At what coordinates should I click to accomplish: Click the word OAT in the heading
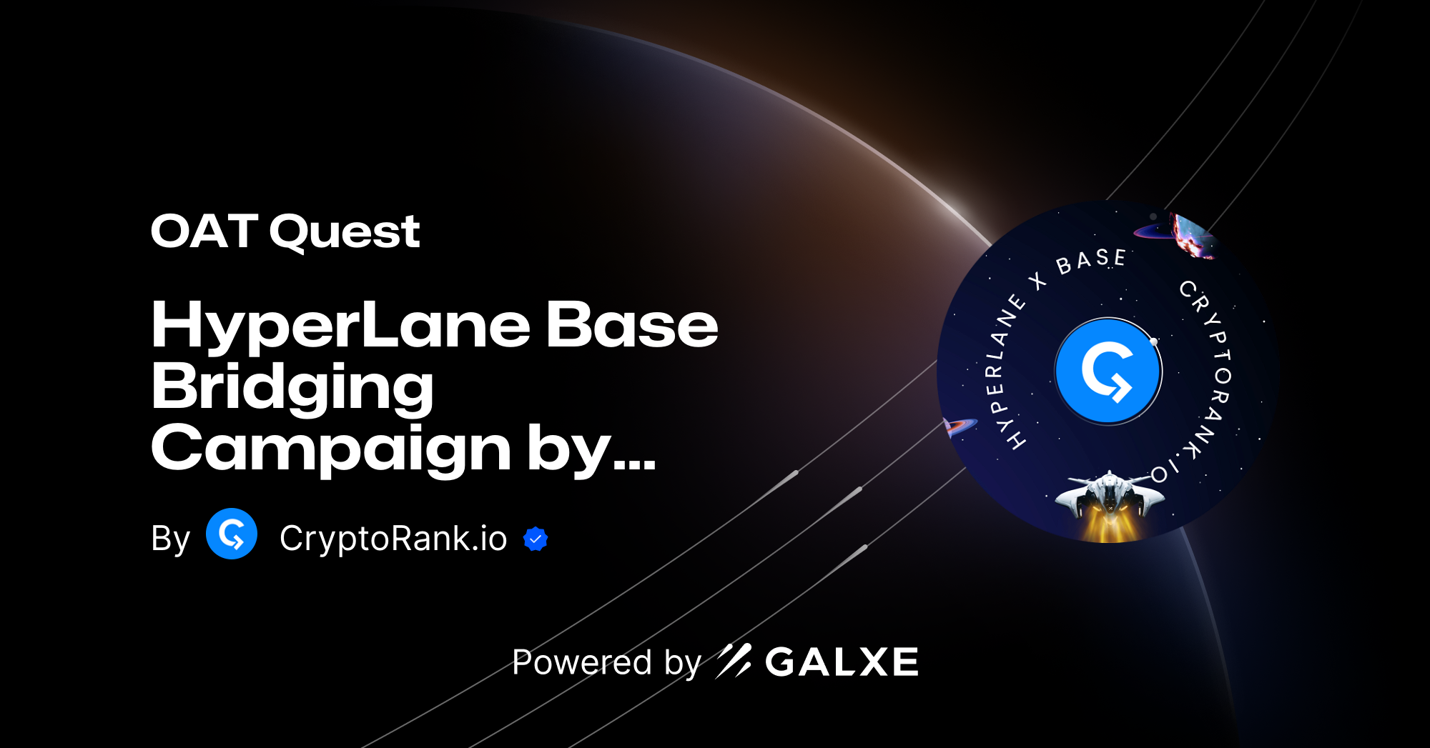tap(204, 231)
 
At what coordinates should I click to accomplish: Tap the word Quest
tap(345, 233)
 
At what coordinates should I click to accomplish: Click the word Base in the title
tap(632, 325)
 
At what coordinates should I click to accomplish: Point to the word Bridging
tap(292, 388)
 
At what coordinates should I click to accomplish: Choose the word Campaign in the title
tap(330, 449)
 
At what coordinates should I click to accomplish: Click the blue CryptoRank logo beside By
tap(232, 534)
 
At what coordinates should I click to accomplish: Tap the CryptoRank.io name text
tap(393, 538)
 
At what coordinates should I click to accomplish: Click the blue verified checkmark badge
tap(536, 539)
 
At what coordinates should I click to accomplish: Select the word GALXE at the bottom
tap(842, 662)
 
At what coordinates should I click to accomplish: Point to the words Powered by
tap(606, 662)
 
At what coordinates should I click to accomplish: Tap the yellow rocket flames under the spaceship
tap(1108, 527)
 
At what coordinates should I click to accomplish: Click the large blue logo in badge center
tap(1108, 371)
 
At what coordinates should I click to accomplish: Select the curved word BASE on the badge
tap(1091, 261)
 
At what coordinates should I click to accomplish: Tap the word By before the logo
tap(170, 539)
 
